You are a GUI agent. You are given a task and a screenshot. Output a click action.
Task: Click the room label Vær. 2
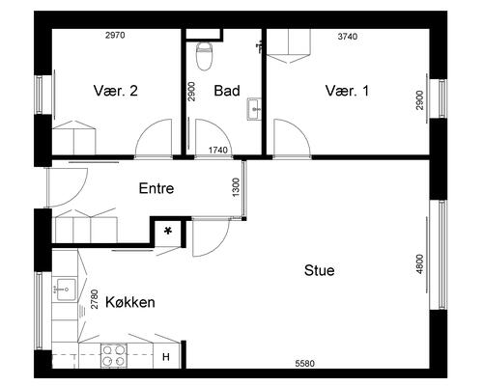[x=116, y=91]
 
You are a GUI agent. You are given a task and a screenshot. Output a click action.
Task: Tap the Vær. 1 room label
[x=347, y=91]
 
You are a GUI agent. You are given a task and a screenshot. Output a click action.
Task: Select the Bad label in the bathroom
[x=227, y=91]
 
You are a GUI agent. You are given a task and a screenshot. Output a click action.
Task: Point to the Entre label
[x=156, y=188]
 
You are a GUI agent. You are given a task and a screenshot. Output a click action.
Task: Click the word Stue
[x=319, y=270]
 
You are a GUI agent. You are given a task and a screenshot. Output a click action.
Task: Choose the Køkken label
[x=130, y=302]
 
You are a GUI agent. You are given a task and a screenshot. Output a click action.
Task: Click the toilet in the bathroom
[x=204, y=56]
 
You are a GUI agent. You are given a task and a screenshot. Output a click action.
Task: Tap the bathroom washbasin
[x=254, y=109]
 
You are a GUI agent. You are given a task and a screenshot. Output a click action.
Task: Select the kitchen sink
[x=66, y=289]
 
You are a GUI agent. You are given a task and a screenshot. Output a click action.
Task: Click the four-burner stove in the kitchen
[x=113, y=355]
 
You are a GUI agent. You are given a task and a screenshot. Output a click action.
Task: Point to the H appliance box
[x=166, y=357]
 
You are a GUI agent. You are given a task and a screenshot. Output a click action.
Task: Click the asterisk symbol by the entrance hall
[x=168, y=231]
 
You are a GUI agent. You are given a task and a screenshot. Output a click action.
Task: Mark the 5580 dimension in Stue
[x=305, y=364]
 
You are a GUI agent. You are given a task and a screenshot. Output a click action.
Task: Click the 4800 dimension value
[x=419, y=264]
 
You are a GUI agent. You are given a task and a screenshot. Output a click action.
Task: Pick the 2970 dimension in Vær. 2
[x=115, y=35]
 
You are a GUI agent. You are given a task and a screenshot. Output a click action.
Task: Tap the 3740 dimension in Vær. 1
[x=348, y=37]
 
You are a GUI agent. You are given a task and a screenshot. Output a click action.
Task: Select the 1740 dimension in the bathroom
[x=218, y=150]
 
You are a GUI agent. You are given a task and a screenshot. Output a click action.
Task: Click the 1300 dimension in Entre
[x=236, y=187]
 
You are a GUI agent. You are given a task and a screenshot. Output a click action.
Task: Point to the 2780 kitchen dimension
[x=94, y=299]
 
